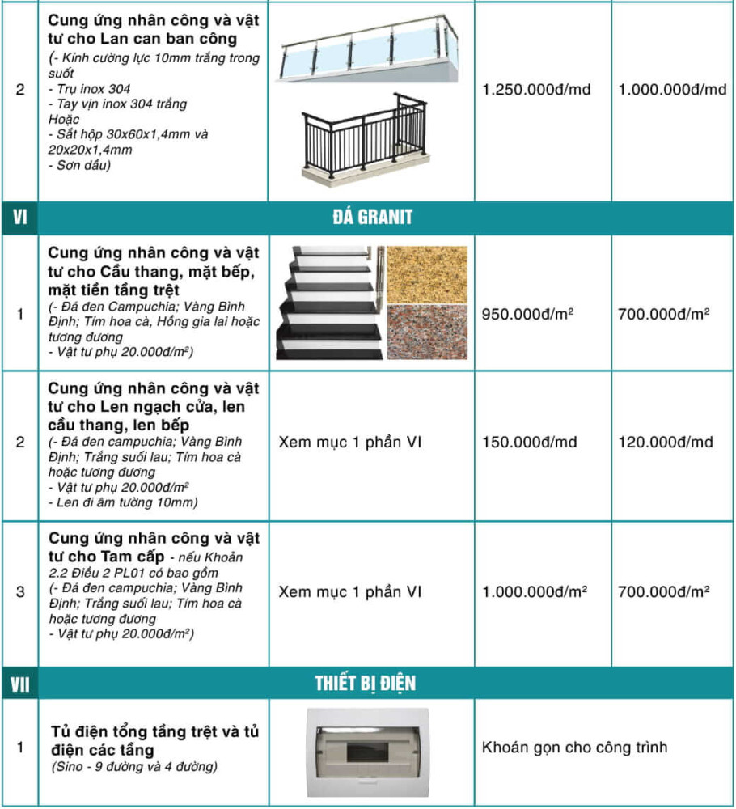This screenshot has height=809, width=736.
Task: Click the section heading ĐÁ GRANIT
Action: point(372,217)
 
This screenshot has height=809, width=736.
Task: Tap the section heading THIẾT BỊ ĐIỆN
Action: point(365,684)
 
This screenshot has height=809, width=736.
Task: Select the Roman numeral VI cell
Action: point(20,217)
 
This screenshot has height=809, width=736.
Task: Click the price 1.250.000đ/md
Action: point(536,89)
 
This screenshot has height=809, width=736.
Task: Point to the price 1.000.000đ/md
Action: point(672,89)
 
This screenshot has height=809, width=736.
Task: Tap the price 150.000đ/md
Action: point(530,442)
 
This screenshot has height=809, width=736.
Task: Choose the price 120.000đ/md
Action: point(666,442)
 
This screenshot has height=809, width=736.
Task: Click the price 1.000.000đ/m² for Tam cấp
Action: point(535,592)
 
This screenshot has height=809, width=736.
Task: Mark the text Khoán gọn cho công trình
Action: point(575,747)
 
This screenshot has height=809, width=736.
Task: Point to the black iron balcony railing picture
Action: point(366,136)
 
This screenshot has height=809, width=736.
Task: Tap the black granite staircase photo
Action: point(329,303)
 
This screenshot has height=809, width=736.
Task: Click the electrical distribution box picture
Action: point(367,750)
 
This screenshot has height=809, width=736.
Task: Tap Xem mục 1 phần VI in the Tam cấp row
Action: point(350,592)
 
